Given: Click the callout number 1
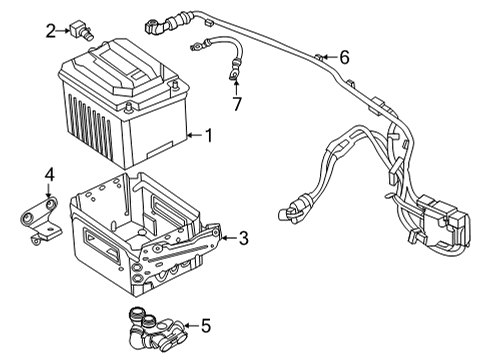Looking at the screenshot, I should [x=209, y=135].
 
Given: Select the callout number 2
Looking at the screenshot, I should [x=50, y=31].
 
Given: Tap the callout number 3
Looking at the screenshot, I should [x=244, y=238].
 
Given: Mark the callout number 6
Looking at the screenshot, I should [x=344, y=57].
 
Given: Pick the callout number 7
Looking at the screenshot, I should [x=237, y=103].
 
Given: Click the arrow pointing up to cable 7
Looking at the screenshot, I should [x=236, y=84].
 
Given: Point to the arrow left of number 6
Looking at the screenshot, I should [x=325, y=57].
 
